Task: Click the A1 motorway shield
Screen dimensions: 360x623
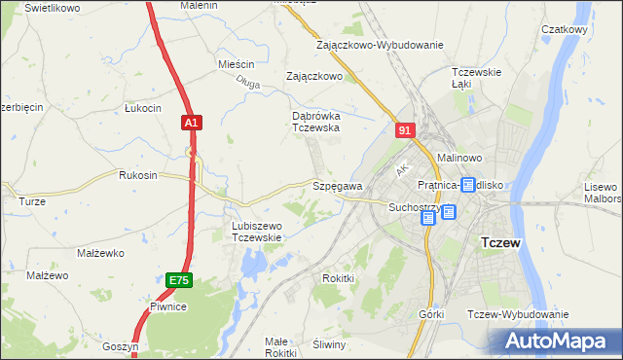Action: pyautogui.click(x=192, y=123)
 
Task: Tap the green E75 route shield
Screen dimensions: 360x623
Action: pyautogui.click(x=178, y=280)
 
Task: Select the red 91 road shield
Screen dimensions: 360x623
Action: pyautogui.click(x=406, y=129)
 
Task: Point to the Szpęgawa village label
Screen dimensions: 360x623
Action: pyautogui.click(x=337, y=186)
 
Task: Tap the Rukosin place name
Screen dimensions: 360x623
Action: pyautogui.click(x=137, y=175)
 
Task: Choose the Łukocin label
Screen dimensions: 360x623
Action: pyautogui.click(x=142, y=108)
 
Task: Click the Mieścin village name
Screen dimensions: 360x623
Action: pyautogui.click(x=236, y=64)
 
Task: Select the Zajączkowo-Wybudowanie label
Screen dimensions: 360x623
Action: pyautogui.click(x=380, y=45)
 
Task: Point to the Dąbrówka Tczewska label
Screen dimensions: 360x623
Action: pyautogui.click(x=315, y=121)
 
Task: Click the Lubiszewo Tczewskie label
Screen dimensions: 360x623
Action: pyautogui.click(x=256, y=232)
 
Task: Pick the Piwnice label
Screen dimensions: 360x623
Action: pyautogui.click(x=167, y=306)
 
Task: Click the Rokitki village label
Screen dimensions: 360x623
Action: pyautogui.click(x=338, y=277)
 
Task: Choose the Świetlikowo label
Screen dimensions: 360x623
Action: pyautogui.click(x=53, y=7)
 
